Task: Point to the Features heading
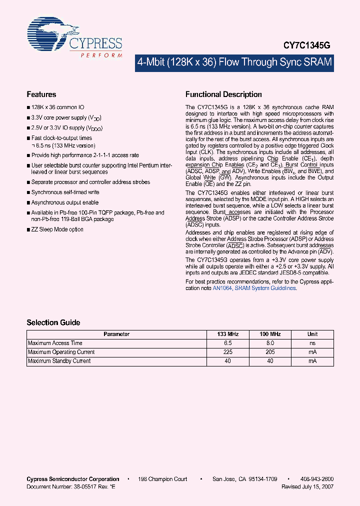(x=41, y=94)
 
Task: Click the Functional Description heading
(x=223, y=94)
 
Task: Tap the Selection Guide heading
(x=53, y=322)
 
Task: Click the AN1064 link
(x=222, y=288)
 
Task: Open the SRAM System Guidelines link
(x=265, y=288)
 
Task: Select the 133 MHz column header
(x=228, y=334)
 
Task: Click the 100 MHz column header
(x=270, y=334)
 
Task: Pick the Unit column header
(x=312, y=334)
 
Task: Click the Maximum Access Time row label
(x=55, y=343)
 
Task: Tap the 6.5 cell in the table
(x=228, y=343)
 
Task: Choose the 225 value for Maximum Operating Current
(x=228, y=352)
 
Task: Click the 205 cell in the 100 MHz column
(x=270, y=352)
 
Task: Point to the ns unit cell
(x=312, y=343)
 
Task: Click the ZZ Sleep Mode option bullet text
(x=57, y=229)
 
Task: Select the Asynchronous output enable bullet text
(x=64, y=202)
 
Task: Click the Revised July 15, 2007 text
(x=307, y=486)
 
